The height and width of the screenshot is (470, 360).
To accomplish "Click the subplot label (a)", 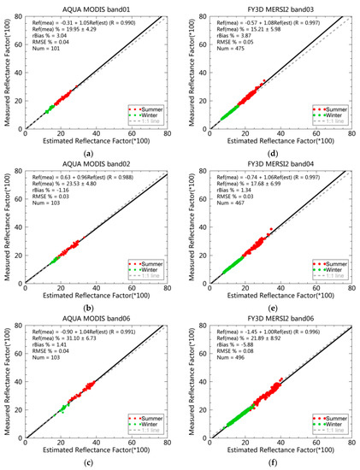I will [89, 152].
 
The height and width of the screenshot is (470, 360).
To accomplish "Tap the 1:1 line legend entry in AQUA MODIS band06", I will [148, 437].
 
